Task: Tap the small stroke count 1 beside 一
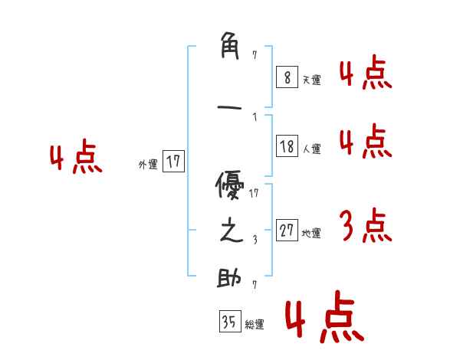point(254,117)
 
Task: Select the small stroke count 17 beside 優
point(254,193)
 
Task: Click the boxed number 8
point(286,77)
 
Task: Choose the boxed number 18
point(287,146)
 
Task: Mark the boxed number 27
point(287,231)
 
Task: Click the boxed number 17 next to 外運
point(173,162)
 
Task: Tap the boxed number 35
point(229,322)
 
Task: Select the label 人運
point(311,149)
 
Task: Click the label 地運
point(311,234)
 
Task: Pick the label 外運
point(147,164)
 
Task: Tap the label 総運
point(254,325)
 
